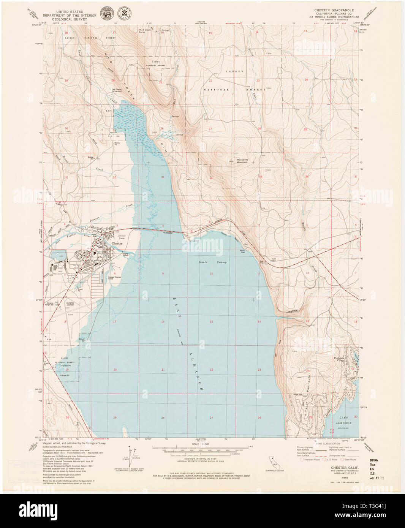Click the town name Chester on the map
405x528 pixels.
tap(117, 243)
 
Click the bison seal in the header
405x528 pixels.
tap(105, 13)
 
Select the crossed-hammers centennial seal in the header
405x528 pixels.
tap(124, 13)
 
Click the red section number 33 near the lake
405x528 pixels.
tap(163, 177)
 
